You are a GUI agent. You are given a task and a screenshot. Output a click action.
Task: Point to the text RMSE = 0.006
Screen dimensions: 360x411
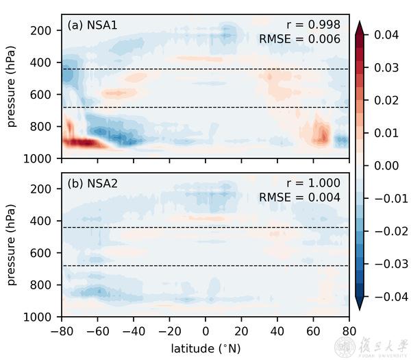pos(299,40)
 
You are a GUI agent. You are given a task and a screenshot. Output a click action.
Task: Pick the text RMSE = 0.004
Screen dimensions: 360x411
pos(299,198)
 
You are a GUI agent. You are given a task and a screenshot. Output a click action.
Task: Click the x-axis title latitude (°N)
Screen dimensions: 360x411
pos(206,348)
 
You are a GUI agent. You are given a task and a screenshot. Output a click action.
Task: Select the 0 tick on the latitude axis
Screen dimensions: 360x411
pos(206,330)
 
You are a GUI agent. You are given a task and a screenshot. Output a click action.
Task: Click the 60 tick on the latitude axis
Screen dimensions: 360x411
pos(314,330)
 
